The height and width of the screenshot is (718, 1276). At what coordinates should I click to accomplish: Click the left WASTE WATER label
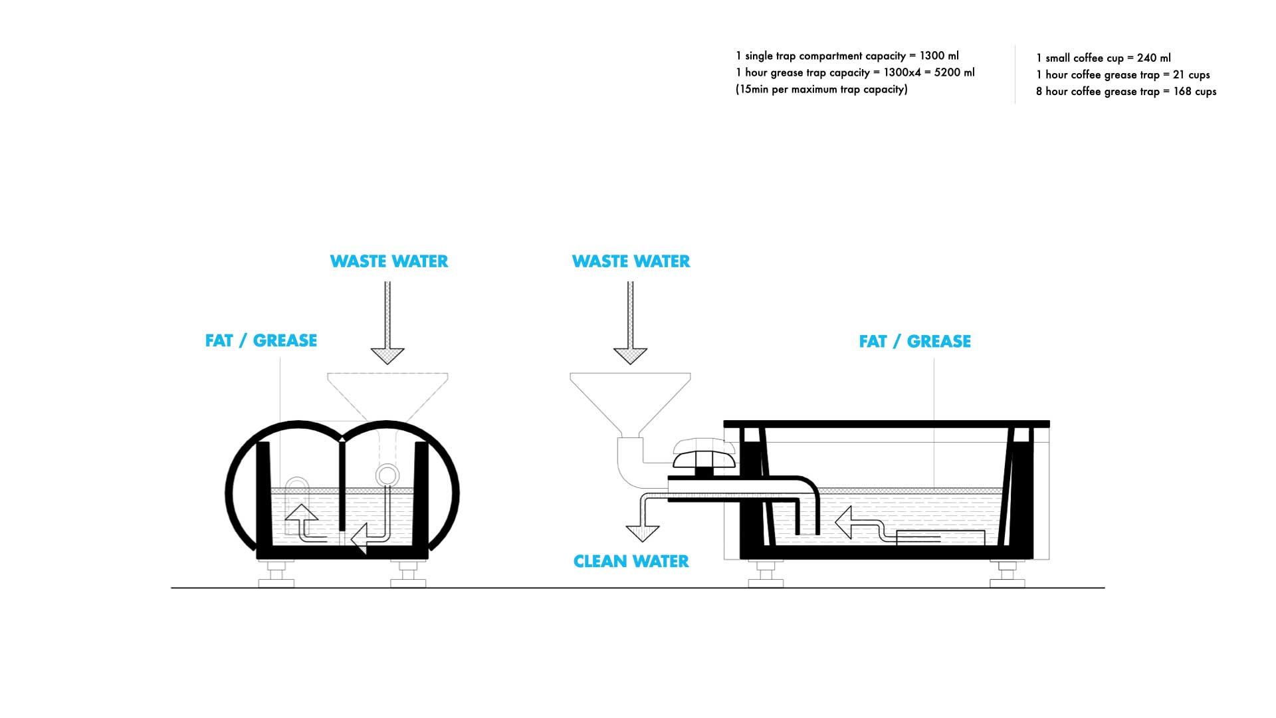389,261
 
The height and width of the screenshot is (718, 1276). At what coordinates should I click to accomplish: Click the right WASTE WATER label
631,261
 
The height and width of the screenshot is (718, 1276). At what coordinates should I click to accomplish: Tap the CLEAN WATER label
631,562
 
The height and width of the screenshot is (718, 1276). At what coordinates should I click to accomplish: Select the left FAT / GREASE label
261,340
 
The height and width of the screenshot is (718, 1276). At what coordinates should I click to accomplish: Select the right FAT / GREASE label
915,341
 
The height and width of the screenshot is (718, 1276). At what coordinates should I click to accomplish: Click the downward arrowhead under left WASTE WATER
387,356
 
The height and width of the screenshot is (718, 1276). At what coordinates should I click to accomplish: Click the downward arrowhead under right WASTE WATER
630,356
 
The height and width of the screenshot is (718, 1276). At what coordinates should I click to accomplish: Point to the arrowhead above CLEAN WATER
642,533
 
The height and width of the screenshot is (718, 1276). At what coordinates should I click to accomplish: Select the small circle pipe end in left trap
387,475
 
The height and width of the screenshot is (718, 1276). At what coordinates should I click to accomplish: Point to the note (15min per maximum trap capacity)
821,89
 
